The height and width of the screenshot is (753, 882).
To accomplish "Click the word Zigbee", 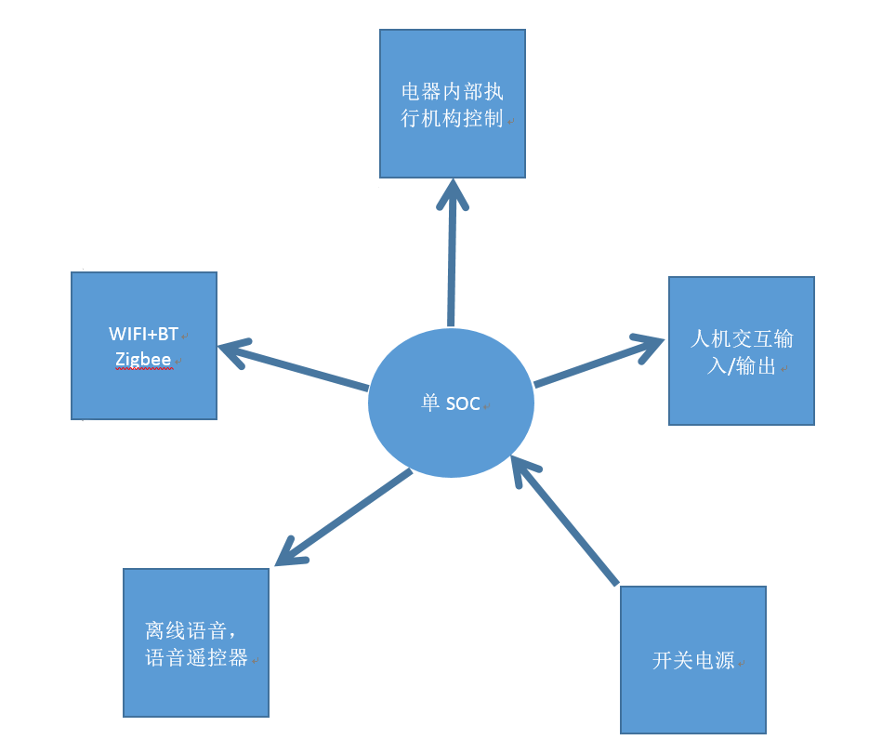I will (x=143, y=359).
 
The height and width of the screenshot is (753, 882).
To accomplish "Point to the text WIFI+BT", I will (x=143, y=334).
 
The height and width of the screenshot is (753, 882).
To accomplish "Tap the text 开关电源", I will (x=693, y=661).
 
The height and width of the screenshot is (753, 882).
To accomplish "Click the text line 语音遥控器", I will (x=196, y=657).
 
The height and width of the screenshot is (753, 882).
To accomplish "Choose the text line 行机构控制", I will (x=452, y=119).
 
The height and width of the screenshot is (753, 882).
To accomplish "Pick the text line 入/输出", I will (x=741, y=366).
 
